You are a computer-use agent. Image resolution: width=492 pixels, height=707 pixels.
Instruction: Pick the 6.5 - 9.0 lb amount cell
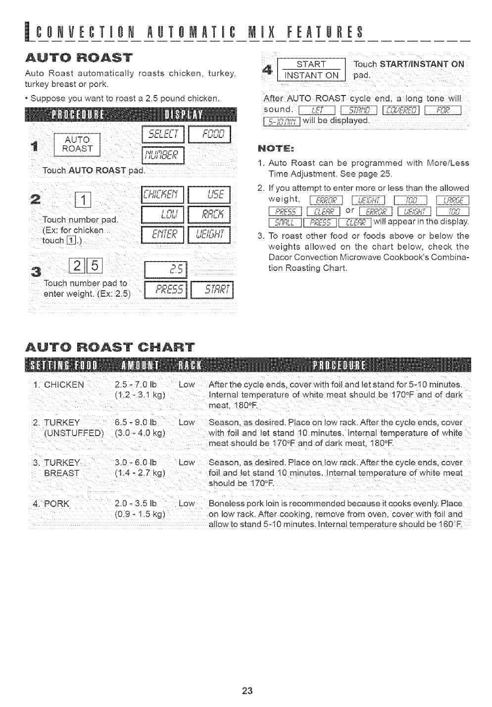(135, 423)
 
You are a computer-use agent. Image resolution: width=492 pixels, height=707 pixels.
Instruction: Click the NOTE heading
(274, 148)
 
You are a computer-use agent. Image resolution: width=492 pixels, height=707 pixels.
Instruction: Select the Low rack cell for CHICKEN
(187, 384)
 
